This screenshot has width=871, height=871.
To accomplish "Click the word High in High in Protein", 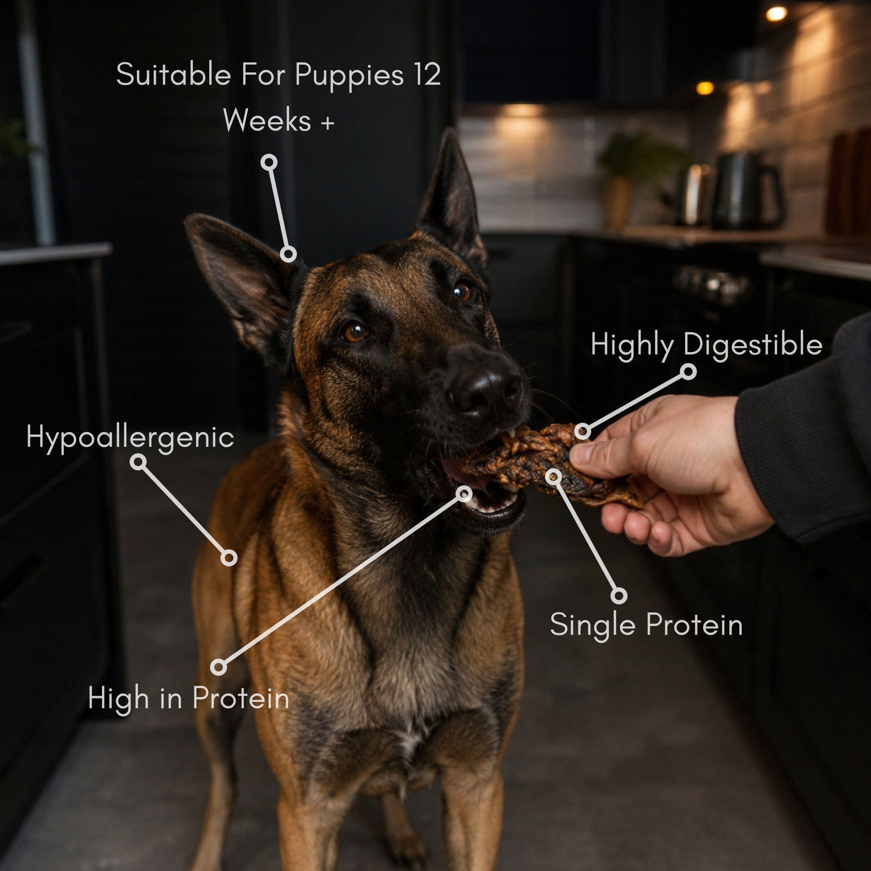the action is pyautogui.click(x=112, y=699).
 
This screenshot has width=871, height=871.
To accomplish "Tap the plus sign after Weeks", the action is pyautogui.click(x=327, y=122).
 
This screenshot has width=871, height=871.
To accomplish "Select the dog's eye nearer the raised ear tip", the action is pyautogui.click(x=462, y=292).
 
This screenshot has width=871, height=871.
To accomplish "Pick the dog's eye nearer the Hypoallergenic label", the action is pyautogui.click(x=354, y=331).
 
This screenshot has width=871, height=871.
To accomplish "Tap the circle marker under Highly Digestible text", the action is pyautogui.click(x=688, y=371).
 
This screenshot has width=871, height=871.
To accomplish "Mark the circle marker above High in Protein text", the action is pyautogui.click(x=219, y=666).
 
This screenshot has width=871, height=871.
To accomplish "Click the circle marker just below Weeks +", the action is pyautogui.click(x=269, y=162).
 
